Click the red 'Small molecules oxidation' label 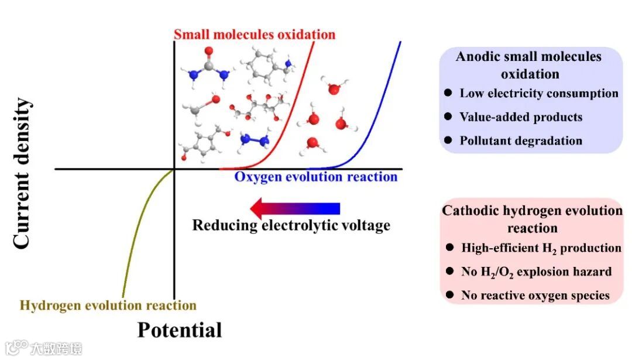pyautogui.click(x=255, y=34)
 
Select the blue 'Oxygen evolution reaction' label pyautogui.click(x=315, y=176)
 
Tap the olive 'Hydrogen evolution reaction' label pyautogui.click(x=108, y=305)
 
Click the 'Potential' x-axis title pyautogui.click(x=180, y=330)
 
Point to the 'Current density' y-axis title pyautogui.click(x=21, y=173)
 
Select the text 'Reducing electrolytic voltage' pyautogui.click(x=291, y=225)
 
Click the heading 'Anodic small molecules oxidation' pyautogui.click(x=529, y=65)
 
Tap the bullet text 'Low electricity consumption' pyautogui.click(x=538, y=93)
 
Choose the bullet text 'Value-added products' pyautogui.click(x=521, y=116)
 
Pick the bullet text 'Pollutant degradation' pyautogui.click(x=521, y=140)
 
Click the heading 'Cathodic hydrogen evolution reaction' pyautogui.click(x=532, y=219)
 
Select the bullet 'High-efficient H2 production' pyautogui.click(x=541, y=248)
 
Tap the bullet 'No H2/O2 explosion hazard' pyautogui.click(x=536, y=272)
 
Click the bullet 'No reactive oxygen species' pyautogui.click(x=535, y=295)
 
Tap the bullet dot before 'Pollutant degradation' pyautogui.click(x=448, y=140)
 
